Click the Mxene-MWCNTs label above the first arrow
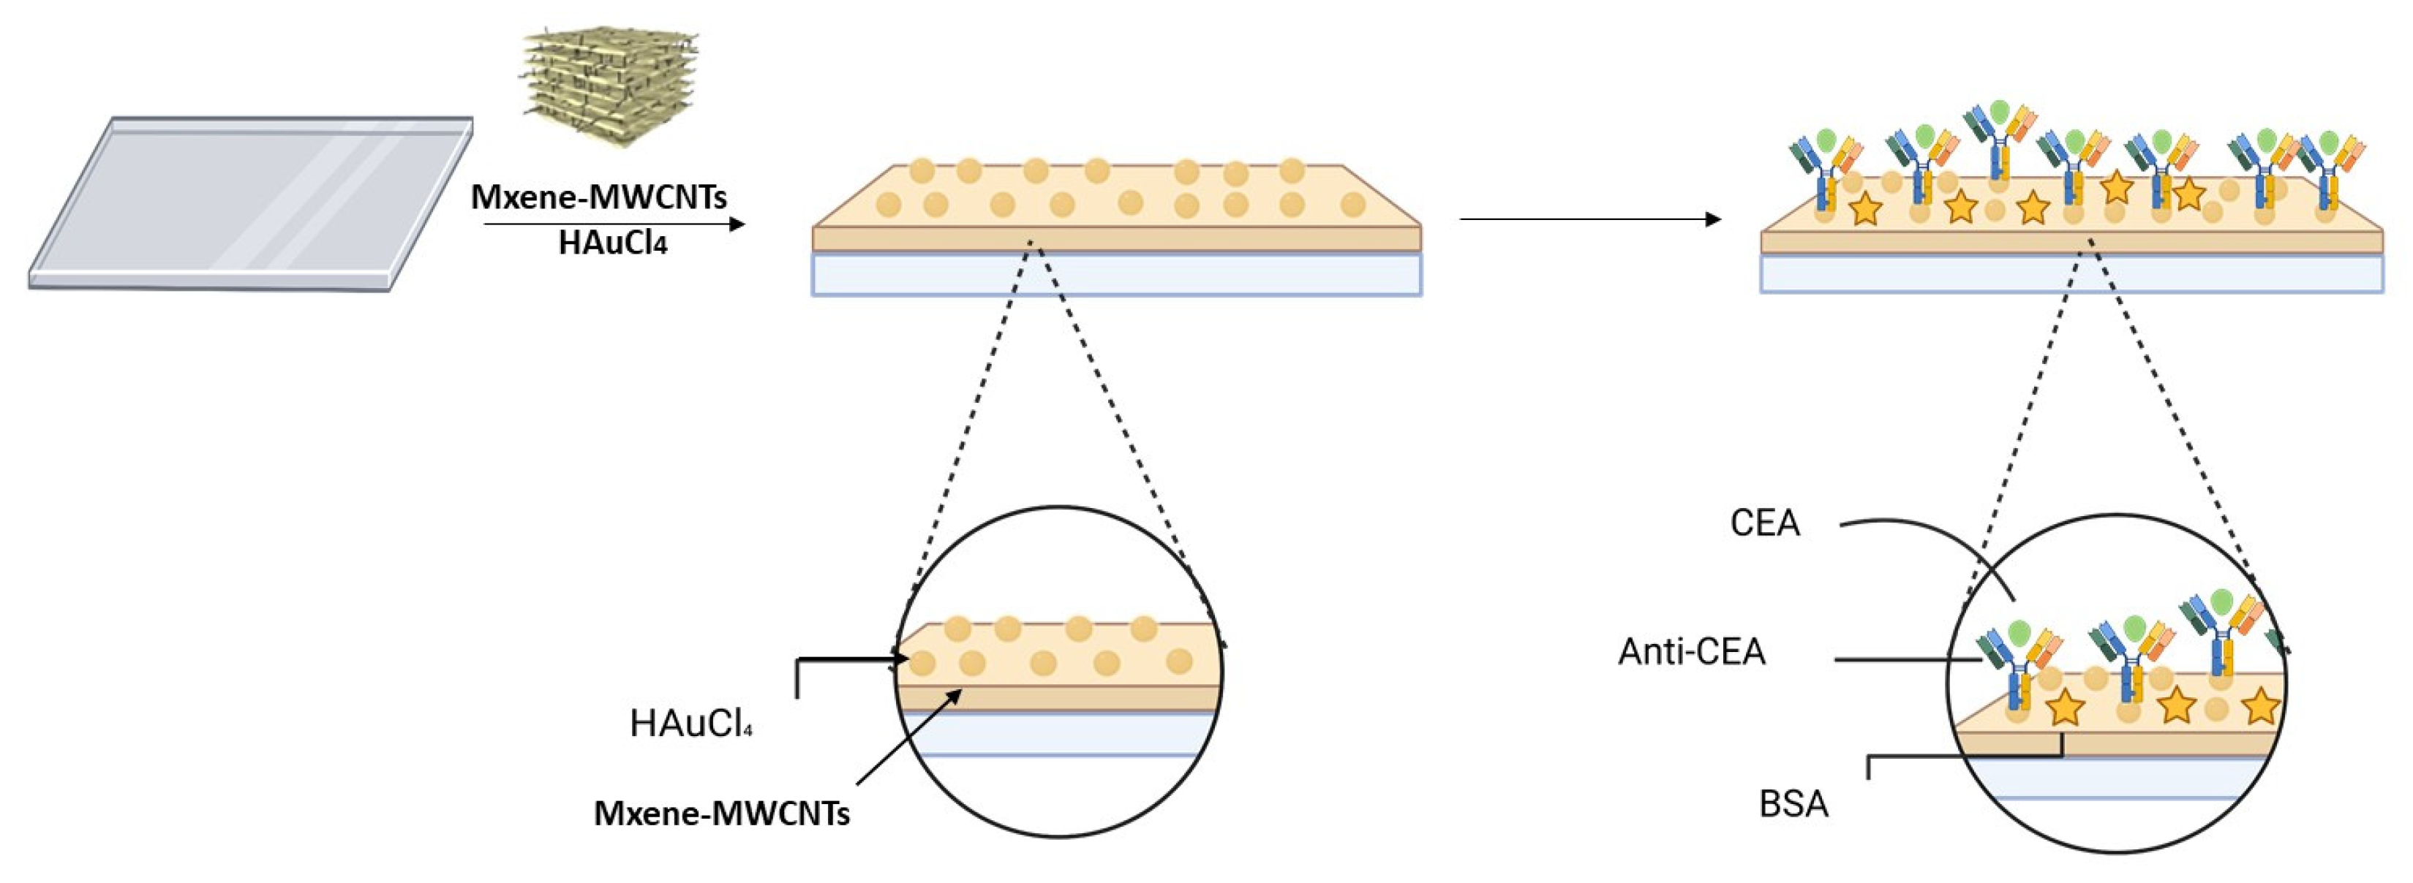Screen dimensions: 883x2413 pyautogui.click(x=598, y=197)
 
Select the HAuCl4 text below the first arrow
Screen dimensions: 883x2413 pyautogui.click(x=613, y=243)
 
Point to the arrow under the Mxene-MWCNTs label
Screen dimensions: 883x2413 pyautogui.click(x=614, y=224)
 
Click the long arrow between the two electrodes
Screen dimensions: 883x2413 pyautogui.click(x=1589, y=219)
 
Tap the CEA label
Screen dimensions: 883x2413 pyautogui.click(x=1765, y=523)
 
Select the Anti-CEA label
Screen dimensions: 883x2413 pyautogui.click(x=1691, y=652)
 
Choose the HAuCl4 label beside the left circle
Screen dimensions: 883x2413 pyautogui.click(x=691, y=724)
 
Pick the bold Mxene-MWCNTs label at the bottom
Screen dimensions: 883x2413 pyautogui.click(x=722, y=814)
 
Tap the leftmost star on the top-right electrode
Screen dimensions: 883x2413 pyautogui.click(x=1866, y=209)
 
